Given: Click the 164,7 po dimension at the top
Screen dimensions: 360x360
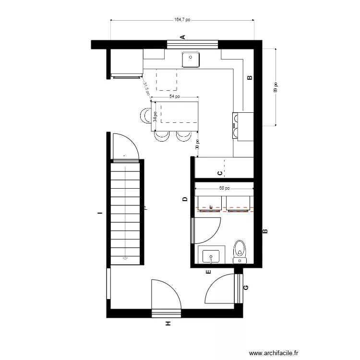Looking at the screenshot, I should click(x=182, y=20).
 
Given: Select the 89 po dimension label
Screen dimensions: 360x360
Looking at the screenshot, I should click(x=276, y=87).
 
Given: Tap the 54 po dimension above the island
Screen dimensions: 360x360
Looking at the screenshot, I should click(x=175, y=96).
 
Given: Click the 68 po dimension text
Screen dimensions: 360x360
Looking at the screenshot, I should click(x=224, y=189).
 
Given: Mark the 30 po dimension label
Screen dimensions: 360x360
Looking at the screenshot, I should click(x=197, y=144).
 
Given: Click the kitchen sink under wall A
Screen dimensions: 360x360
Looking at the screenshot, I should click(x=191, y=59).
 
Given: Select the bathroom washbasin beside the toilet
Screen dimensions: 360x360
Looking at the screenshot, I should click(x=211, y=256).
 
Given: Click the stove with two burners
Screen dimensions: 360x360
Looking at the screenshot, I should click(x=238, y=126).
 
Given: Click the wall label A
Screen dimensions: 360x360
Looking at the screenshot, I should click(x=182, y=37).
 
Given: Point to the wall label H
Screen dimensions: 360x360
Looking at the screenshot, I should click(x=168, y=324).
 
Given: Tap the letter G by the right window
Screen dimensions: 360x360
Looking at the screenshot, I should click(x=246, y=288).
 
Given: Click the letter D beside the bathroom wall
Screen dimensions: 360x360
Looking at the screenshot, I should click(x=185, y=199).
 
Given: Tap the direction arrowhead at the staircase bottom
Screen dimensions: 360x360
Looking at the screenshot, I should click(x=125, y=258).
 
